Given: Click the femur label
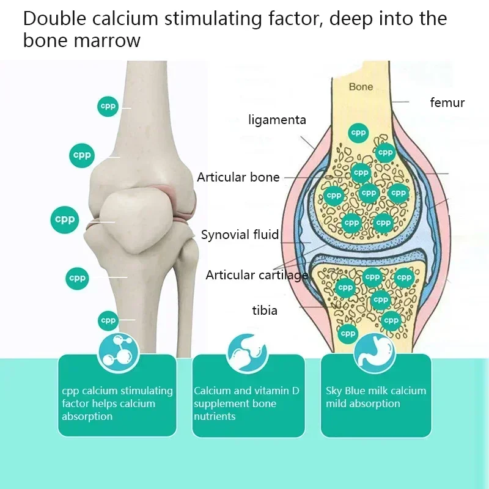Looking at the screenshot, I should (447, 102).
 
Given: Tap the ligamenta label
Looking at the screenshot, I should (277, 120).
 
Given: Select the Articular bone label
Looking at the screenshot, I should (238, 177).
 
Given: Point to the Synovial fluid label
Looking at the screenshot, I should (240, 234).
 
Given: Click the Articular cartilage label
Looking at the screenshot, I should (257, 274).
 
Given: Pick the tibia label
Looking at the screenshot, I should (264, 311).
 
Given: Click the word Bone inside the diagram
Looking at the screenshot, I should (361, 87).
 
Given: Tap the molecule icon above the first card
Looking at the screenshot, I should (119, 352).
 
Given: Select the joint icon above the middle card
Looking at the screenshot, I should (248, 353).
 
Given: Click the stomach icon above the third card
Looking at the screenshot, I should (375, 353).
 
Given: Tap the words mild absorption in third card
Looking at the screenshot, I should (362, 403).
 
